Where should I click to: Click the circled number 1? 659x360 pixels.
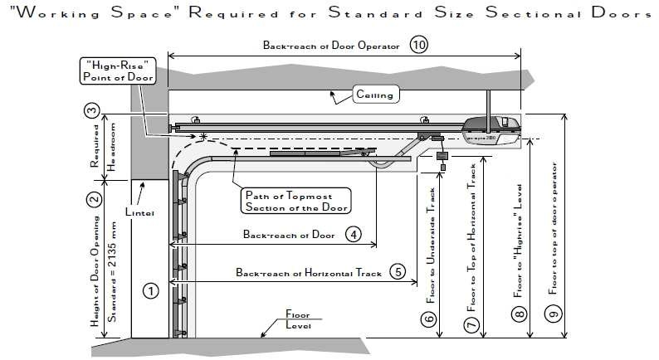[x=150, y=290]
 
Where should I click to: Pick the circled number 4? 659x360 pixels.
[x=354, y=235]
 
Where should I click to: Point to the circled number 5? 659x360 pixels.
[x=399, y=272]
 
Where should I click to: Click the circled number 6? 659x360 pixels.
[x=429, y=318]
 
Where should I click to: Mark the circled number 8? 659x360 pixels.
[x=519, y=314]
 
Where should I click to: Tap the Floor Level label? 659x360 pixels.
[x=297, y=320]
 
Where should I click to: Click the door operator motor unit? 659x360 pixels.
[x=491, y=127]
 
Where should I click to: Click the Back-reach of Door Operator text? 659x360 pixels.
[x=331, y=47]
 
